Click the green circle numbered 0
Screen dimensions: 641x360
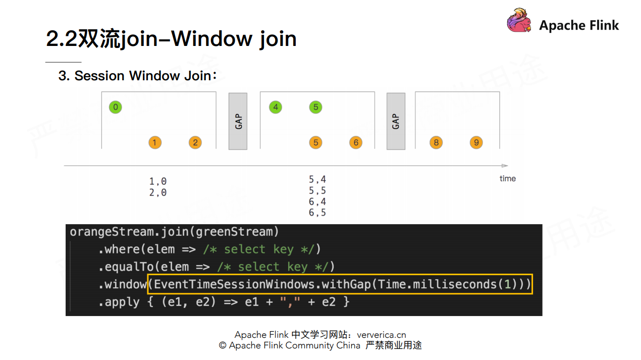point(116,107)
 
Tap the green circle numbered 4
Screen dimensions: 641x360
point(275,107)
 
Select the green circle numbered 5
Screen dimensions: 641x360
point(315,107)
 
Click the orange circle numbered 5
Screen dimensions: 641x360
point(315,142)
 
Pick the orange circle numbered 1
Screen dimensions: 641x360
point(155,142)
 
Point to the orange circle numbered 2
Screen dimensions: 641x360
point(195,142)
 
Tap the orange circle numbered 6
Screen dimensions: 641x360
point(356,142)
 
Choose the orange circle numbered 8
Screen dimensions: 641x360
point(436,142)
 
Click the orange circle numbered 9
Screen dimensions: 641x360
point(476,142)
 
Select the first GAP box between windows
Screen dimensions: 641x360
point(238,121)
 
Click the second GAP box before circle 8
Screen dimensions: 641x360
point(396,121)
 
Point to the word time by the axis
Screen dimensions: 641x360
point(507,178)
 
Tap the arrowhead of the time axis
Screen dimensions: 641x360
point(505,166)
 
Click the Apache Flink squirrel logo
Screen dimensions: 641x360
point(519,21)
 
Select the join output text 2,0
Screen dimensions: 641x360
point(157,192)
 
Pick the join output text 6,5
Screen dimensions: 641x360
point(317,213)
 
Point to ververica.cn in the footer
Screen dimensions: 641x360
point(381,335)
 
